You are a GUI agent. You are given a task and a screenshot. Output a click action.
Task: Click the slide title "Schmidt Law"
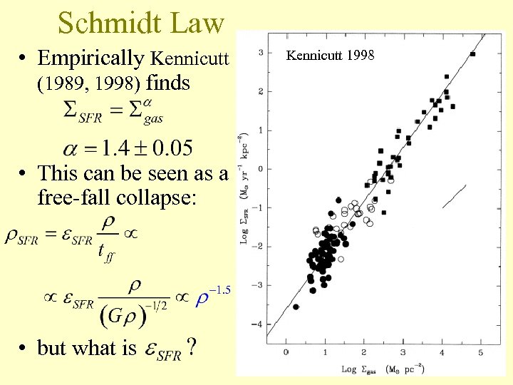click(x=141, y=24)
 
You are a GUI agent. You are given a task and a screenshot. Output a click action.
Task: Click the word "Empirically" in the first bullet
click(x=90, y=58)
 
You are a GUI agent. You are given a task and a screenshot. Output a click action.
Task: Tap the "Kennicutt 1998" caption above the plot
click(x=328, y=55)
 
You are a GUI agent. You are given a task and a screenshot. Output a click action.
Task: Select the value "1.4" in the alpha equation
click(x=116, y=148)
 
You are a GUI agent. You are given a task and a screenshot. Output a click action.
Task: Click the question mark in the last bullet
click(x=191, y=348)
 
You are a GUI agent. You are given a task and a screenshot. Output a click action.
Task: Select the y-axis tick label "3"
click(x=261, y=52)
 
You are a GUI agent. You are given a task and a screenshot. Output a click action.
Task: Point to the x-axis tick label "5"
click(x=480, y=352)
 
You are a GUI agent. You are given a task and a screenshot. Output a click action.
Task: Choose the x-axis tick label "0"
click(x=286, y=352)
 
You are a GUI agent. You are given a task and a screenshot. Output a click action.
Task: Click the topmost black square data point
click(x=473, y=54)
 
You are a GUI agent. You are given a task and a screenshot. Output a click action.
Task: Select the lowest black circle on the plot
click(x=296, y=307)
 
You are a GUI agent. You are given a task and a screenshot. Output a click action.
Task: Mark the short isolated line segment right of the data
click(x=454, y=196)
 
